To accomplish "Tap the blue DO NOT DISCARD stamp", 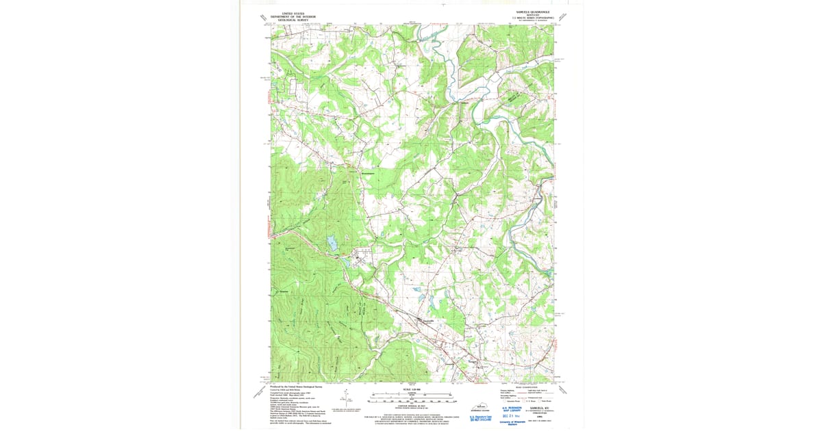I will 481,419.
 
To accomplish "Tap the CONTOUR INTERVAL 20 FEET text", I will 411,404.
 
